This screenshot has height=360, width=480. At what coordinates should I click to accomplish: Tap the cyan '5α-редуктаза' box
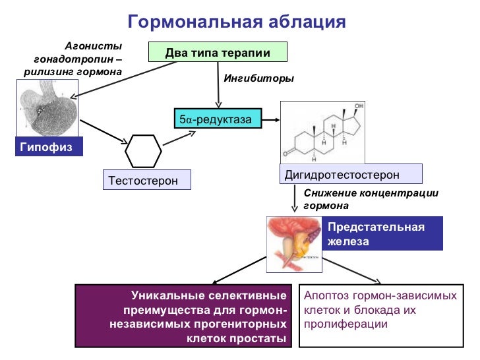coord(217,119)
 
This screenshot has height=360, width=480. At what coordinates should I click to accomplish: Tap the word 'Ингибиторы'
coord(259,78)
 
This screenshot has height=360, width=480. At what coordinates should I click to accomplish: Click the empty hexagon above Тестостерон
coord(143,152)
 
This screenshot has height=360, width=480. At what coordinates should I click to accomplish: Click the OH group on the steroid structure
coord(359,106)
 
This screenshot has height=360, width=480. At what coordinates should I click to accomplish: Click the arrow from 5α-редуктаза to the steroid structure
coord(270,119)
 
